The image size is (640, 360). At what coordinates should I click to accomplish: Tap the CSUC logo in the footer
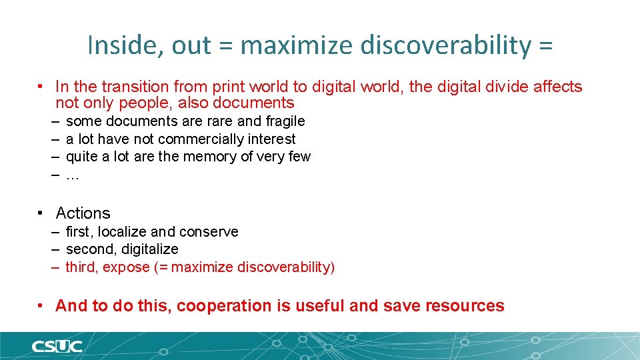pos(57,346)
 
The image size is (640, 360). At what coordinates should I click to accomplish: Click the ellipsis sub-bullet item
pos(73,175)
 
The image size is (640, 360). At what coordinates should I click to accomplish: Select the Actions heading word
pos(83,213)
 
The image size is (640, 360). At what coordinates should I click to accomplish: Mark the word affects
pos(557,87)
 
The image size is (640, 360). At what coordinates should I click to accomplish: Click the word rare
pos(220,121)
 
